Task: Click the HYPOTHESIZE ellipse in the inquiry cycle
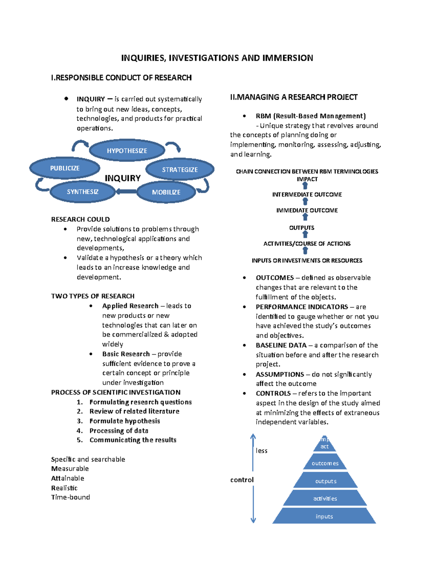(127, 150)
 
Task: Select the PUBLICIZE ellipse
(65, 168)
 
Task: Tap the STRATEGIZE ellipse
(180, 169)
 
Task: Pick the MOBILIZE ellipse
(166, 192)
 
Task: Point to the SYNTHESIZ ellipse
(83, 192)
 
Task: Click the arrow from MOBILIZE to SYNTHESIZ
(126, 191)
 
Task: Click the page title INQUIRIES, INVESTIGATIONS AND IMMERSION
(217, 58)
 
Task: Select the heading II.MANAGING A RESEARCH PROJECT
(294, 97)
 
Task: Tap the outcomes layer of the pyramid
(325, 463)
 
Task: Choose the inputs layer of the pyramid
(324, 516)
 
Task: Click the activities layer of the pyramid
(325, 498)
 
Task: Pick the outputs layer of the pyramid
(326, 481)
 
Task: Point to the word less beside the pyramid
(261, 451)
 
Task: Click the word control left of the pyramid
(242, 480)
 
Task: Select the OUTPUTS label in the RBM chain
(302, 228)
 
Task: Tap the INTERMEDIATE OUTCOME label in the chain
(307, 195)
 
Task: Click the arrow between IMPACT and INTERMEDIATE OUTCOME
(305, 186)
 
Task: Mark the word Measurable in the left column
(70, 468)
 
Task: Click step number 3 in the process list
(80, 421)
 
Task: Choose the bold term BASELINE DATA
(281, 345)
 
